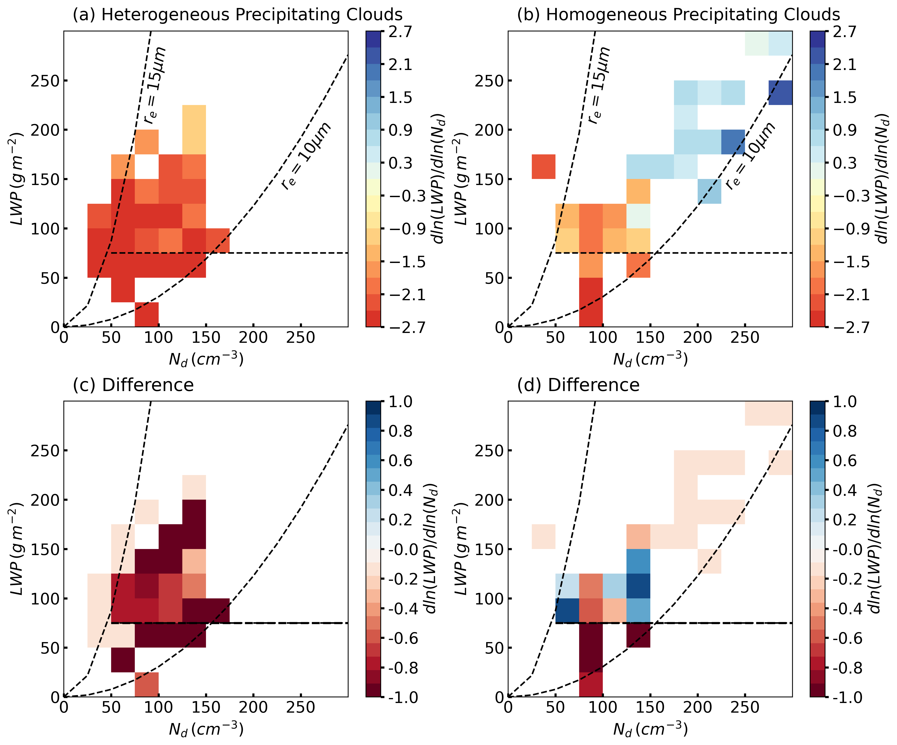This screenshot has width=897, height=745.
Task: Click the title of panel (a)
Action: tap(237, 15)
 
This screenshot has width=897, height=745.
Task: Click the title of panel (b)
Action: tap(678, 15)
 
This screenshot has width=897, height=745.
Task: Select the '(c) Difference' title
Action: tap(133, 385)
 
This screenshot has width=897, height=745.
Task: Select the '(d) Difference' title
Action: tap(578, 385)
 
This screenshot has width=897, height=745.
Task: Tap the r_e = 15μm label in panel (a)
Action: tap(155, 85)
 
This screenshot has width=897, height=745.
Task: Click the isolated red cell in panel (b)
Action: tap(543, 166)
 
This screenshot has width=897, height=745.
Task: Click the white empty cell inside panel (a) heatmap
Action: tap(147, 166)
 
